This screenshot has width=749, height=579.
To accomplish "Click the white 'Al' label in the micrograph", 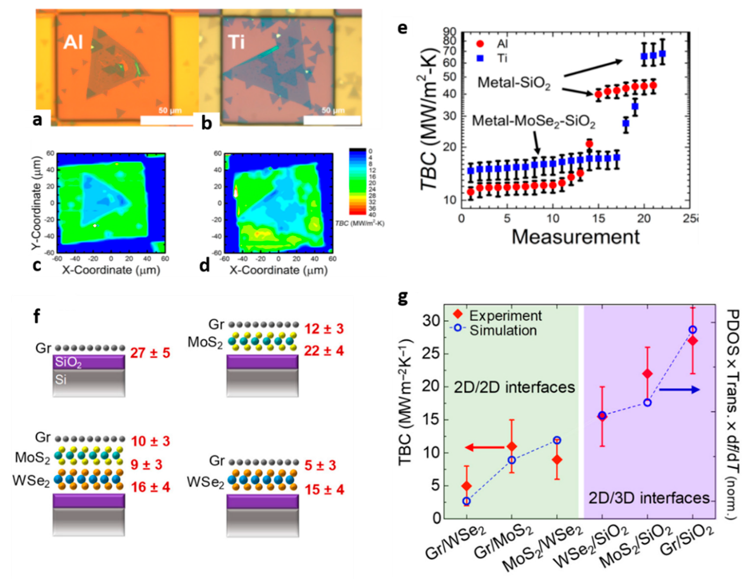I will [73, 43].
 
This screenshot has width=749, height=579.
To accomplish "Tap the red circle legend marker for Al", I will [480, 44].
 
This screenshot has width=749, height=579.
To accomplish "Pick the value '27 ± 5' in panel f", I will [150, 353].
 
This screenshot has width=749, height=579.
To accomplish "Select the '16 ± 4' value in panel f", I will [150, 487].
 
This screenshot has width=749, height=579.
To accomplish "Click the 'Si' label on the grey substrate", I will [60, 380].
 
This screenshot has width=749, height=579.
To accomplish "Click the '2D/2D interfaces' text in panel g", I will [515, 387].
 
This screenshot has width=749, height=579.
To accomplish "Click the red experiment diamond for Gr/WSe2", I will [466, 486].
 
